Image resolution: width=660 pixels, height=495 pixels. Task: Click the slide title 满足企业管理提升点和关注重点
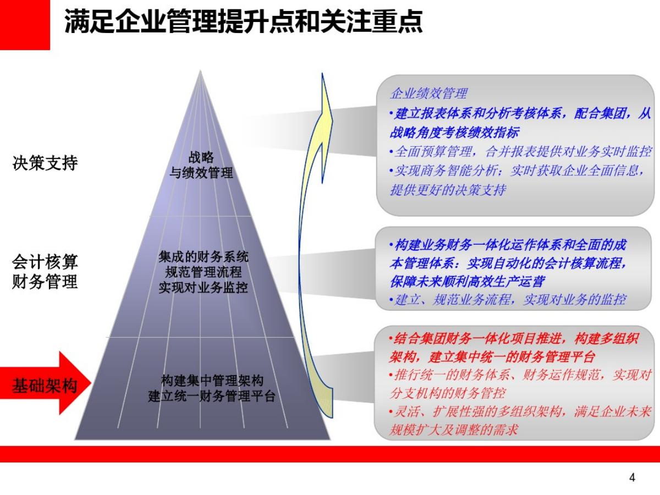(x=244, y=21)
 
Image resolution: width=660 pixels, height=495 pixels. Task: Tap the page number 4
(x=632, y=477)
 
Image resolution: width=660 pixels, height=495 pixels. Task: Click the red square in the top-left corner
(x=25, y=25)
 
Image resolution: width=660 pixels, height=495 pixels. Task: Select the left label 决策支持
(x=45, y=163)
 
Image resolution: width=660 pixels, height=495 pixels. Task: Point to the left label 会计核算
(x=45, y=262)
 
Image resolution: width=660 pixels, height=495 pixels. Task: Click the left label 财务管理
(x=45, y=282)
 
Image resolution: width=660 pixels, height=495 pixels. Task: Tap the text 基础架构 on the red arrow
(x=45, y=386)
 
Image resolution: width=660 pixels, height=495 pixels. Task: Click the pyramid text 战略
(x=201, y=157)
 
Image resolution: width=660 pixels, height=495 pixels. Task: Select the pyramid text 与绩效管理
(x=201, y=173)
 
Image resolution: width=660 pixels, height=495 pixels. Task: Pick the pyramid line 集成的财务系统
(x=204, y=257)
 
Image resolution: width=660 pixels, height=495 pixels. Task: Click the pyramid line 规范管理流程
(x=204, y=272)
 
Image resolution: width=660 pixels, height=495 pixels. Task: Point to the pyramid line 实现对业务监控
(x=204, y=288)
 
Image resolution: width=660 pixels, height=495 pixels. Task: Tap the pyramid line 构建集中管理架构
(x=212, y=381)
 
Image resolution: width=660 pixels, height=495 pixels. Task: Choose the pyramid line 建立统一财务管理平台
(x=212, y=396)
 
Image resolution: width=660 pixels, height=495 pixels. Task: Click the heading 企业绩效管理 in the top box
(x=428, y=94)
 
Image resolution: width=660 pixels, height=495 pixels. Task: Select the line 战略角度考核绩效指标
(x=454, y=133)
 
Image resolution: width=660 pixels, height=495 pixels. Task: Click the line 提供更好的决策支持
(x=448, y=190)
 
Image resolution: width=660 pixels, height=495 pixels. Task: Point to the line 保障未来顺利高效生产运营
(x=468, y=282)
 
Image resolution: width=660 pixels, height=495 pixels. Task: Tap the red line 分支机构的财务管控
(x=448, y=393)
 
